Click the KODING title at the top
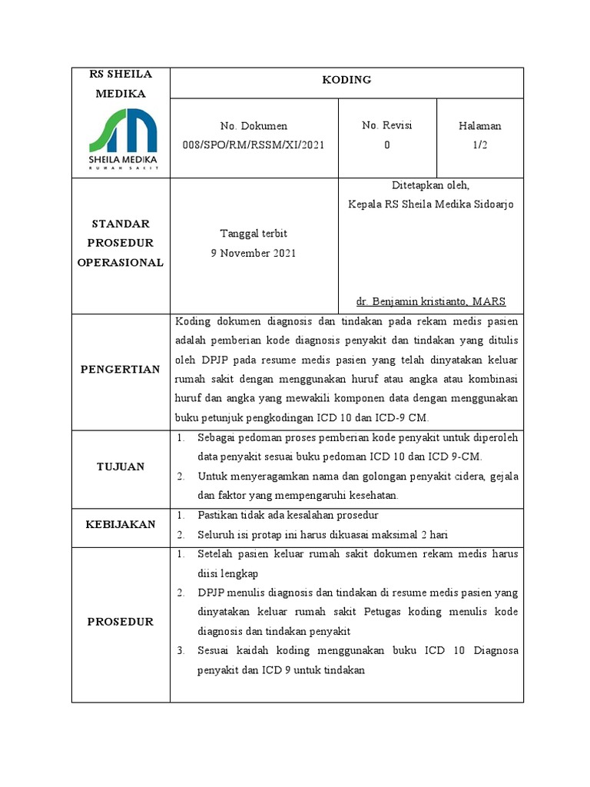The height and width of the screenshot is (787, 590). coord(346,80)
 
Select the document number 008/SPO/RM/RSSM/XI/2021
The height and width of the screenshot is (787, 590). coord(254,144)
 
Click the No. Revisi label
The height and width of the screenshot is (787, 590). coord(387,125)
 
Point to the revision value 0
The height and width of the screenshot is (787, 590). coord(387,144)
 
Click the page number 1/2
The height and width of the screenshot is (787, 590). coord(479,144)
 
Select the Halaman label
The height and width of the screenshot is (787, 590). coord(479,125)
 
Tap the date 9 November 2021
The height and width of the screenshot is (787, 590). coord(254,253)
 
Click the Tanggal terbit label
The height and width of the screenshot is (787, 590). coord(254,234)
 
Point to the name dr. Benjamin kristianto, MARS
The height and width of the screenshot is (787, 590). coord(430,301)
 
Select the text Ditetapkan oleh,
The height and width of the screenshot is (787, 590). coord(430,185)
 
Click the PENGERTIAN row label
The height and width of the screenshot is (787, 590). coord(121,370)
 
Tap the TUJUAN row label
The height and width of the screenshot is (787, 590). coord(121,467)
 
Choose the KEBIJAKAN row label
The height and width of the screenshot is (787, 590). coord(121,524)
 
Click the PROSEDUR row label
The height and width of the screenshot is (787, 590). coord(121,622)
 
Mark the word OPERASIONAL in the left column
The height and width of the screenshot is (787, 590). coord(121,262)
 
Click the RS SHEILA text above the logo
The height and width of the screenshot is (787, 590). coord(121,74)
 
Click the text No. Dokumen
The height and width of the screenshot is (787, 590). coord(254,125)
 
